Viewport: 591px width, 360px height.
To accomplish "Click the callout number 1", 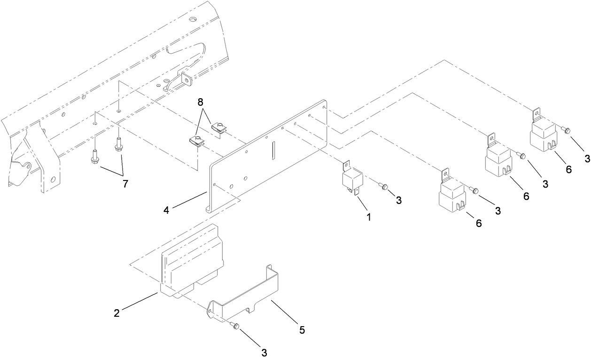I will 369,218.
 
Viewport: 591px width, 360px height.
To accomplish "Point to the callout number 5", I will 302,330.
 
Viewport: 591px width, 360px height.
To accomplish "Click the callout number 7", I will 125,184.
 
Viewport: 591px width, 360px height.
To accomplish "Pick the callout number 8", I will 201,102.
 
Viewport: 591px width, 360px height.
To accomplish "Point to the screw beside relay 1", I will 384,187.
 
